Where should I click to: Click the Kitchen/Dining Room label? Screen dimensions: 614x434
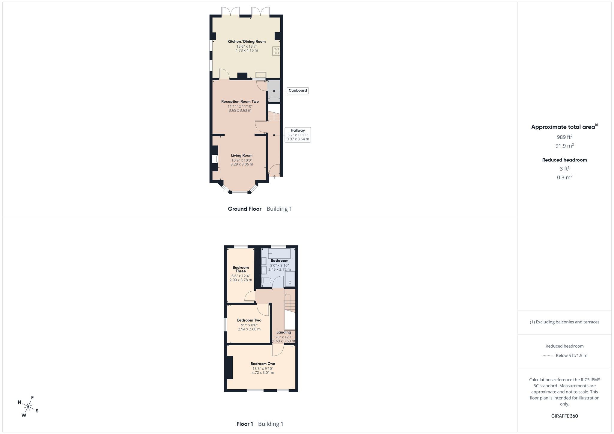(246, 41)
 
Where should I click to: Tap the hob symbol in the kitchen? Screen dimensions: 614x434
(276, 51)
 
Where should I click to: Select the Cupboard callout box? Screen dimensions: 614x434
(298, 91)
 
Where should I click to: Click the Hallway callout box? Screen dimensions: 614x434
(298, 135)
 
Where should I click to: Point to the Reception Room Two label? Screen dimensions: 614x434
(240, 102)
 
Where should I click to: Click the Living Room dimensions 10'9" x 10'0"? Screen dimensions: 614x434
(242, 160)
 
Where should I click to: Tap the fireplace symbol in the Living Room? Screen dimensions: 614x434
(215, 159)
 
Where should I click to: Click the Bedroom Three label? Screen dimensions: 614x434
(241, 269)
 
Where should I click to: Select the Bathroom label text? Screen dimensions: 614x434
(279, 261)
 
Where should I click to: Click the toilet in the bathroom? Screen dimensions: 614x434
(266, 281)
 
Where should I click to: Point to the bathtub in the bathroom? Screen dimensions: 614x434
(279, 254)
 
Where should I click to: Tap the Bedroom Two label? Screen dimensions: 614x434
(249, 320)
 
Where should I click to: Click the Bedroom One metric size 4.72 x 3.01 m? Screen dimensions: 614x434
(263, 373)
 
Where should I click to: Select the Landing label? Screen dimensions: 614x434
(284, 332)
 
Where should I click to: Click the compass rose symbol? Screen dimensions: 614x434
(28, 407)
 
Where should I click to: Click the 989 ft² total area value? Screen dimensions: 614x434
(565, 137)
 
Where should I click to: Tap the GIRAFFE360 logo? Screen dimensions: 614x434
(565, 416)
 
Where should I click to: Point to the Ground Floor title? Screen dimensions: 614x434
(245, 209)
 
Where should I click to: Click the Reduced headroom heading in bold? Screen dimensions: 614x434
(565, 160)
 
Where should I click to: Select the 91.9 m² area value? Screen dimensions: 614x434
(565, 146)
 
